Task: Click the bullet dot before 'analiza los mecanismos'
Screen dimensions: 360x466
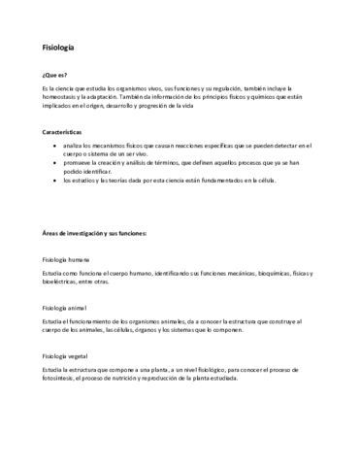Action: click(x=67, y=143)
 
